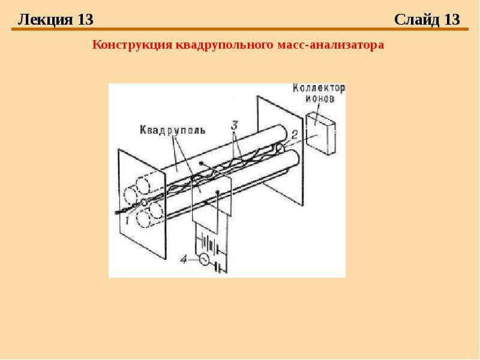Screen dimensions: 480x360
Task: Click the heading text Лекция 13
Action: tap(55, 20)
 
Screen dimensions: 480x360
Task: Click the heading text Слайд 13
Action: tap(427, 20)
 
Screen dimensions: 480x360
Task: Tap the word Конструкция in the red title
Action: tap(133, 45)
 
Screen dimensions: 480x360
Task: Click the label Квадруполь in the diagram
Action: tap(173, 130)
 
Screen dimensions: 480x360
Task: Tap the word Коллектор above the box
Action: tap(319, 88)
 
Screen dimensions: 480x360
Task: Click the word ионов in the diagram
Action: tap(320, 98)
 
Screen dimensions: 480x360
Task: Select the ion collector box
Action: tap(320, 133)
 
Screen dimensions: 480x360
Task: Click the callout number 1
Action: tap(127, 219)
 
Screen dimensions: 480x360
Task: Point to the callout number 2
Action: tap(294, 134)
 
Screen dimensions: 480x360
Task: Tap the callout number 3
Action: tap(234, 125)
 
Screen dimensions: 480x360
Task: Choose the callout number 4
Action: tap(184, 260)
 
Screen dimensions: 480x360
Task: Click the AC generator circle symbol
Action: tap(203, 260)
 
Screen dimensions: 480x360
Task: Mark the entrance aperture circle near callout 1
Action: tap(143, 202)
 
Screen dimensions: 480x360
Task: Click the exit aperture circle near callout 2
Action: tap(280, 148)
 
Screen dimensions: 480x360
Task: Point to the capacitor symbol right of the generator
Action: tap(218, 267)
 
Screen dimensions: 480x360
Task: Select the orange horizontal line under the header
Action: tap(240, 29)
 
